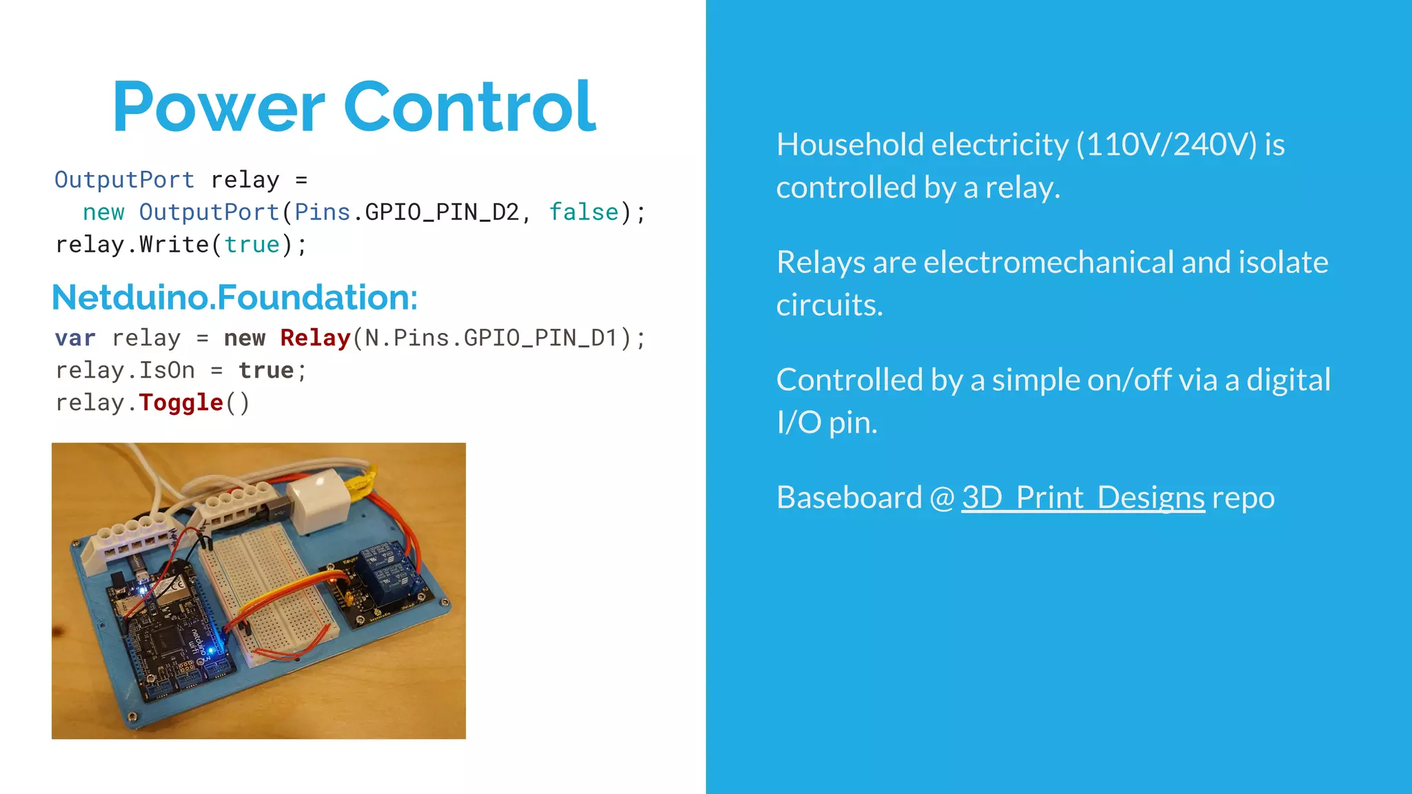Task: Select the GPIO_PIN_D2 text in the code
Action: [x=441, y=212]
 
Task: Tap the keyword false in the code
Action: [x=583, y=212]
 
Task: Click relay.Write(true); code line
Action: [x=181, y=245]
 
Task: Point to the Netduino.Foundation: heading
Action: [x=234, y=297]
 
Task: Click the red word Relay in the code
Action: [x=315, y=338]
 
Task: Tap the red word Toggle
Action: [x=181, y=403]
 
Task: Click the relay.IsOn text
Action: [x=125, y=371]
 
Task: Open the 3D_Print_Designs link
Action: [x=1082, y=498]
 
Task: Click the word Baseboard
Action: [x=849, y=498]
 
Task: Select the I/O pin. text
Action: [x=827, y=423]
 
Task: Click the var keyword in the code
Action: [x=75, y=338]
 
